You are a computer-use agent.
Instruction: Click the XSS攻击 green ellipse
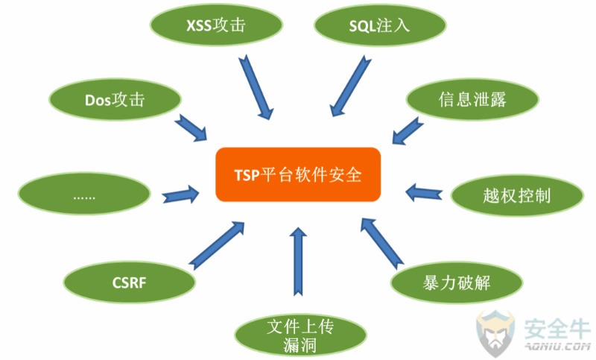(216, 25)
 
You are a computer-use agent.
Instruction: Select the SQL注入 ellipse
(380, 25)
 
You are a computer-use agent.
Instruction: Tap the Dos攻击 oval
(115, 100)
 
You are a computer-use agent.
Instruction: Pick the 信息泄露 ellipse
(472, 99)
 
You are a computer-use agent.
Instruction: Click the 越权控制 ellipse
(517, 196)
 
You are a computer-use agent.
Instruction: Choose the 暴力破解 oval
(457, 282)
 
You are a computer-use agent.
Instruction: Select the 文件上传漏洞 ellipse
(300, 335)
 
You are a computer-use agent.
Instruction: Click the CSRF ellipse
(129, 282)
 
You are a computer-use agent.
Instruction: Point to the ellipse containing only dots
(84, 194)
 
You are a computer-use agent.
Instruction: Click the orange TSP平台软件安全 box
(298, 174)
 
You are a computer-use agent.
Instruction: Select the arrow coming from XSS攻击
(256, 87)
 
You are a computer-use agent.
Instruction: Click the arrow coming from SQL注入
(350, 86)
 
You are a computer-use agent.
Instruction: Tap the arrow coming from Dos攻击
(191, 127)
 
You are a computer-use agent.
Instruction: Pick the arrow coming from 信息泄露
(408, 130)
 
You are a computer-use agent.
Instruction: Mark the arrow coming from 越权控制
(424, 193)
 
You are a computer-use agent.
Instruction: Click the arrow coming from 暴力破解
(382, 244)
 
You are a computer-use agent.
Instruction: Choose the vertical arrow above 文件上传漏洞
(299, 262)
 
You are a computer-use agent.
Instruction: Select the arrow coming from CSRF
(216, 245)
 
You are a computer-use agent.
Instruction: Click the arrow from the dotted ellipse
(180, 195)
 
